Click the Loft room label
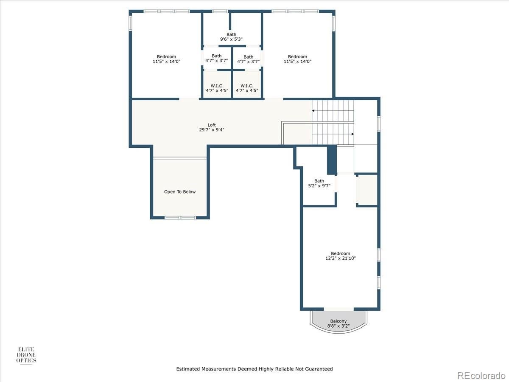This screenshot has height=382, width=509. tap(211, 125)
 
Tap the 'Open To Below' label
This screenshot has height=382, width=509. tap(180, 192)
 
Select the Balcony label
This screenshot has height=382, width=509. tap(338, 321)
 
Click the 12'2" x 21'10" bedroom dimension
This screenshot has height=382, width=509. tap(340, 258)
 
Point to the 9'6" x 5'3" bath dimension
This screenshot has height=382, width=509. tap(231, 39)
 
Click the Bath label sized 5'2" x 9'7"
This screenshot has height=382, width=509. tap(319, 181)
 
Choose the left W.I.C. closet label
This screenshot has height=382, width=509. tap(217, 86)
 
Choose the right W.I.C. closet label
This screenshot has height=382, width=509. tap(247, 86)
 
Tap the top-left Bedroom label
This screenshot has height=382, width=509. tap(166, 57)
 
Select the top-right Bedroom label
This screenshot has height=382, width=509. tap(297, 57)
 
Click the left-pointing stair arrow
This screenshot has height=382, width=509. tap(314, 110)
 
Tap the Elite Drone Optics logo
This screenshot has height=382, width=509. tap(26, 355)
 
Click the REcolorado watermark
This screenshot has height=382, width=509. tap(481, 375)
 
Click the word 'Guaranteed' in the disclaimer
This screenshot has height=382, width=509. tap(319, 369)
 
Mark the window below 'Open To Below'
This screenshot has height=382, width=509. tap(180, 218)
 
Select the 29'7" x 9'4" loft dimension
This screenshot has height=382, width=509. tap(211, 130)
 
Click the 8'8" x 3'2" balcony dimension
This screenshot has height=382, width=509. tap(338, 326)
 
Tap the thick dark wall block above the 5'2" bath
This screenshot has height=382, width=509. tap(332, 159)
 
